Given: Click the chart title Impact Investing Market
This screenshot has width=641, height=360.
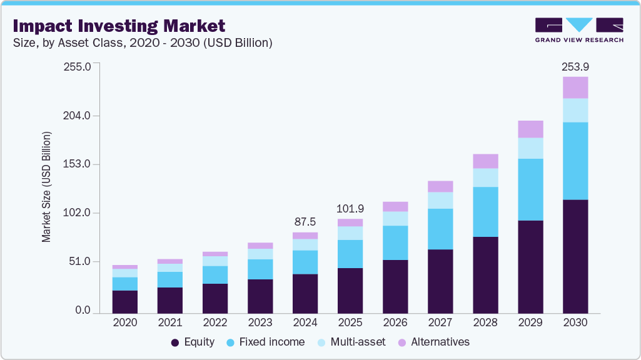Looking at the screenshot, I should click(x=119, y=26).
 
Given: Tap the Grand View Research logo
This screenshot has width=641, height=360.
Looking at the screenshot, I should click(x=579, y=30).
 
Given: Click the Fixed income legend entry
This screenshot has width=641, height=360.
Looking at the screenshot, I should click(x=265, y=342).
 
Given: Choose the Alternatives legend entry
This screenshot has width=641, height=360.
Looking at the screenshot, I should click(x=433, y=342).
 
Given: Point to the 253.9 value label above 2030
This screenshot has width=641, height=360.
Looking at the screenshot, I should click(x=575, y=66).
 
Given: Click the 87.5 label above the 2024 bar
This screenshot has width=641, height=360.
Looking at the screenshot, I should click(x=305, y=222).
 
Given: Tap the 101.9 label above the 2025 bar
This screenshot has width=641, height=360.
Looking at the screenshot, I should click(x=350, y=208).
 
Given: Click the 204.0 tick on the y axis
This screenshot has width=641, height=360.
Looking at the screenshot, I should click(x=78, y=116).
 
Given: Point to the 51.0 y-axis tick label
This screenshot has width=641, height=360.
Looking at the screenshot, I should click(x=81, y=261).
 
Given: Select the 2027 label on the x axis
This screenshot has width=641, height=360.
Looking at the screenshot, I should click(x=440, y=323).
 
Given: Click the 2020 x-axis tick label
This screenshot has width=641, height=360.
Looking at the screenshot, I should click(x=125, y=323).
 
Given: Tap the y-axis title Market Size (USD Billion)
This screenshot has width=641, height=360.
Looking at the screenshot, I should click(x=46, y=187).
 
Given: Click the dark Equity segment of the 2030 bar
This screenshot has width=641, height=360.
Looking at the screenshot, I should click(x=575, y=256).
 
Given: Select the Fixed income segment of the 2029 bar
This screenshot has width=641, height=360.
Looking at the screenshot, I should click(x=530, y=189).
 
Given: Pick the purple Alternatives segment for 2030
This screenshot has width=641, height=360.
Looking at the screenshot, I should click(x=575, y=87).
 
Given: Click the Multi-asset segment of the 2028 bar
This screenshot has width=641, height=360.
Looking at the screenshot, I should click(x=485, y=177).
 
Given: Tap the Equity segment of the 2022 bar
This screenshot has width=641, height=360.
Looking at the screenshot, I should click(x=215, y=298).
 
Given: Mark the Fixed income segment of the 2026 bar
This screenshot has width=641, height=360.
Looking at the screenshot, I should click(x=395, y=242).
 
